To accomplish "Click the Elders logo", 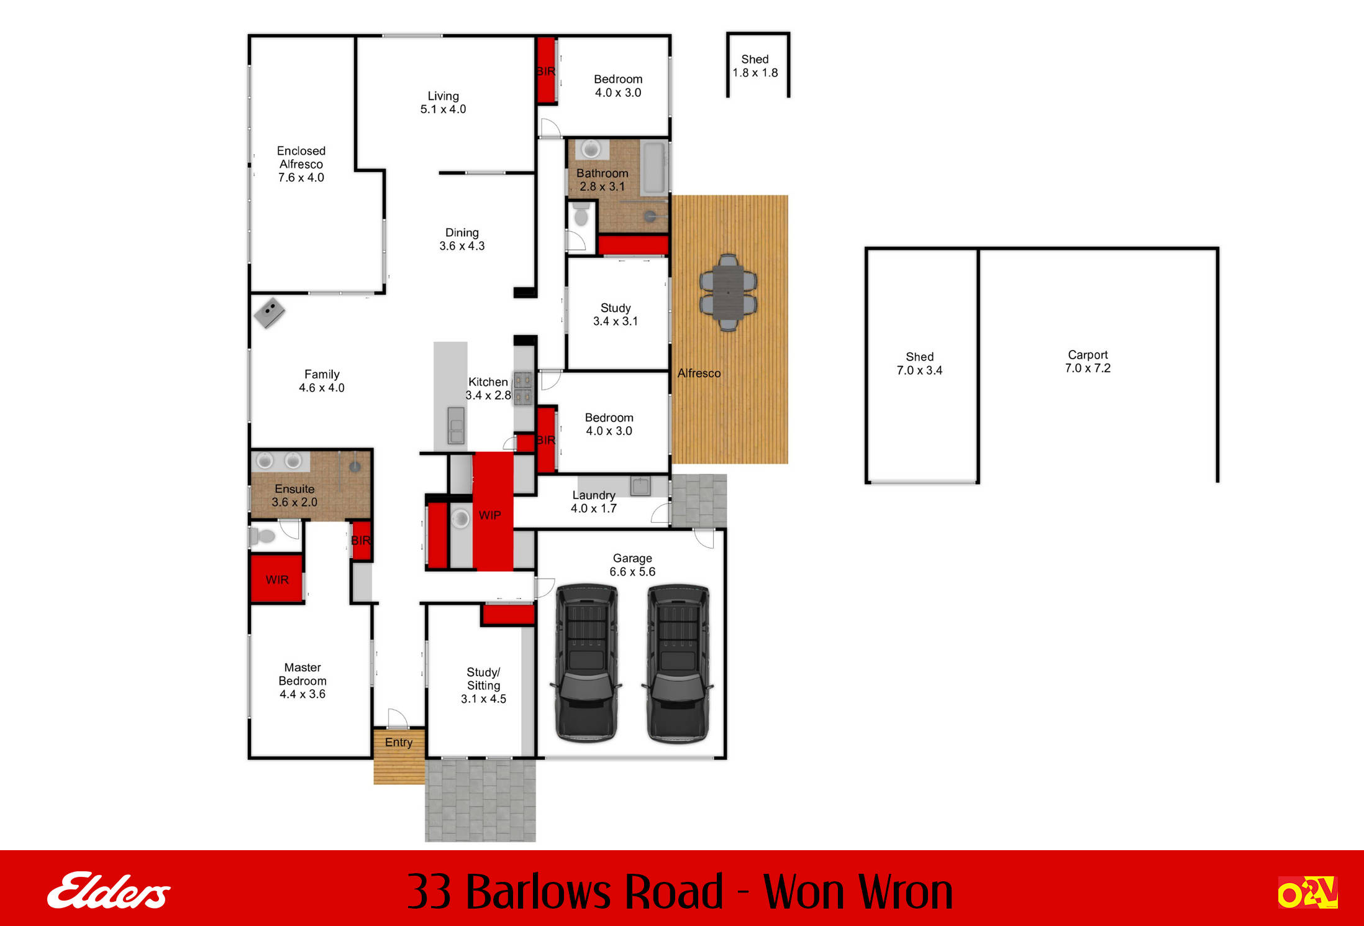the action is click(109, 890).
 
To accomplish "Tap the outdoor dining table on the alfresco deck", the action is click(728, 292).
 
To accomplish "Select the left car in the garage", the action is click(586, 662).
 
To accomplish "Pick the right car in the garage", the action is click(678, 662).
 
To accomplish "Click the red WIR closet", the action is click(276, 579).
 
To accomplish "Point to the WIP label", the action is click(489, 515).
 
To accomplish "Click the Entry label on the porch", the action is click(398, 742).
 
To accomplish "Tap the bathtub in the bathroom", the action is click(653, 168).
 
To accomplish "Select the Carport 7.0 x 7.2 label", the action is click(1088, 361).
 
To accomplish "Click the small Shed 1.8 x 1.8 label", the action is click(755, 66).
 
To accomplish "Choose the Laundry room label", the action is click(593, 502).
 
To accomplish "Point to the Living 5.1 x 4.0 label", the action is click(443, 103).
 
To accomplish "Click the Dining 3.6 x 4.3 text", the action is click(461, 239).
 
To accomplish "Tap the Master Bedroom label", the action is click(302, 681).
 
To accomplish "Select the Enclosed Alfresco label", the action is click(301, 164).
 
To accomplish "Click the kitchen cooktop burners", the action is click(523, 388).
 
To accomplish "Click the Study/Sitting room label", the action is click(483, 685).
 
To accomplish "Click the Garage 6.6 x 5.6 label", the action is click(632, 565).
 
